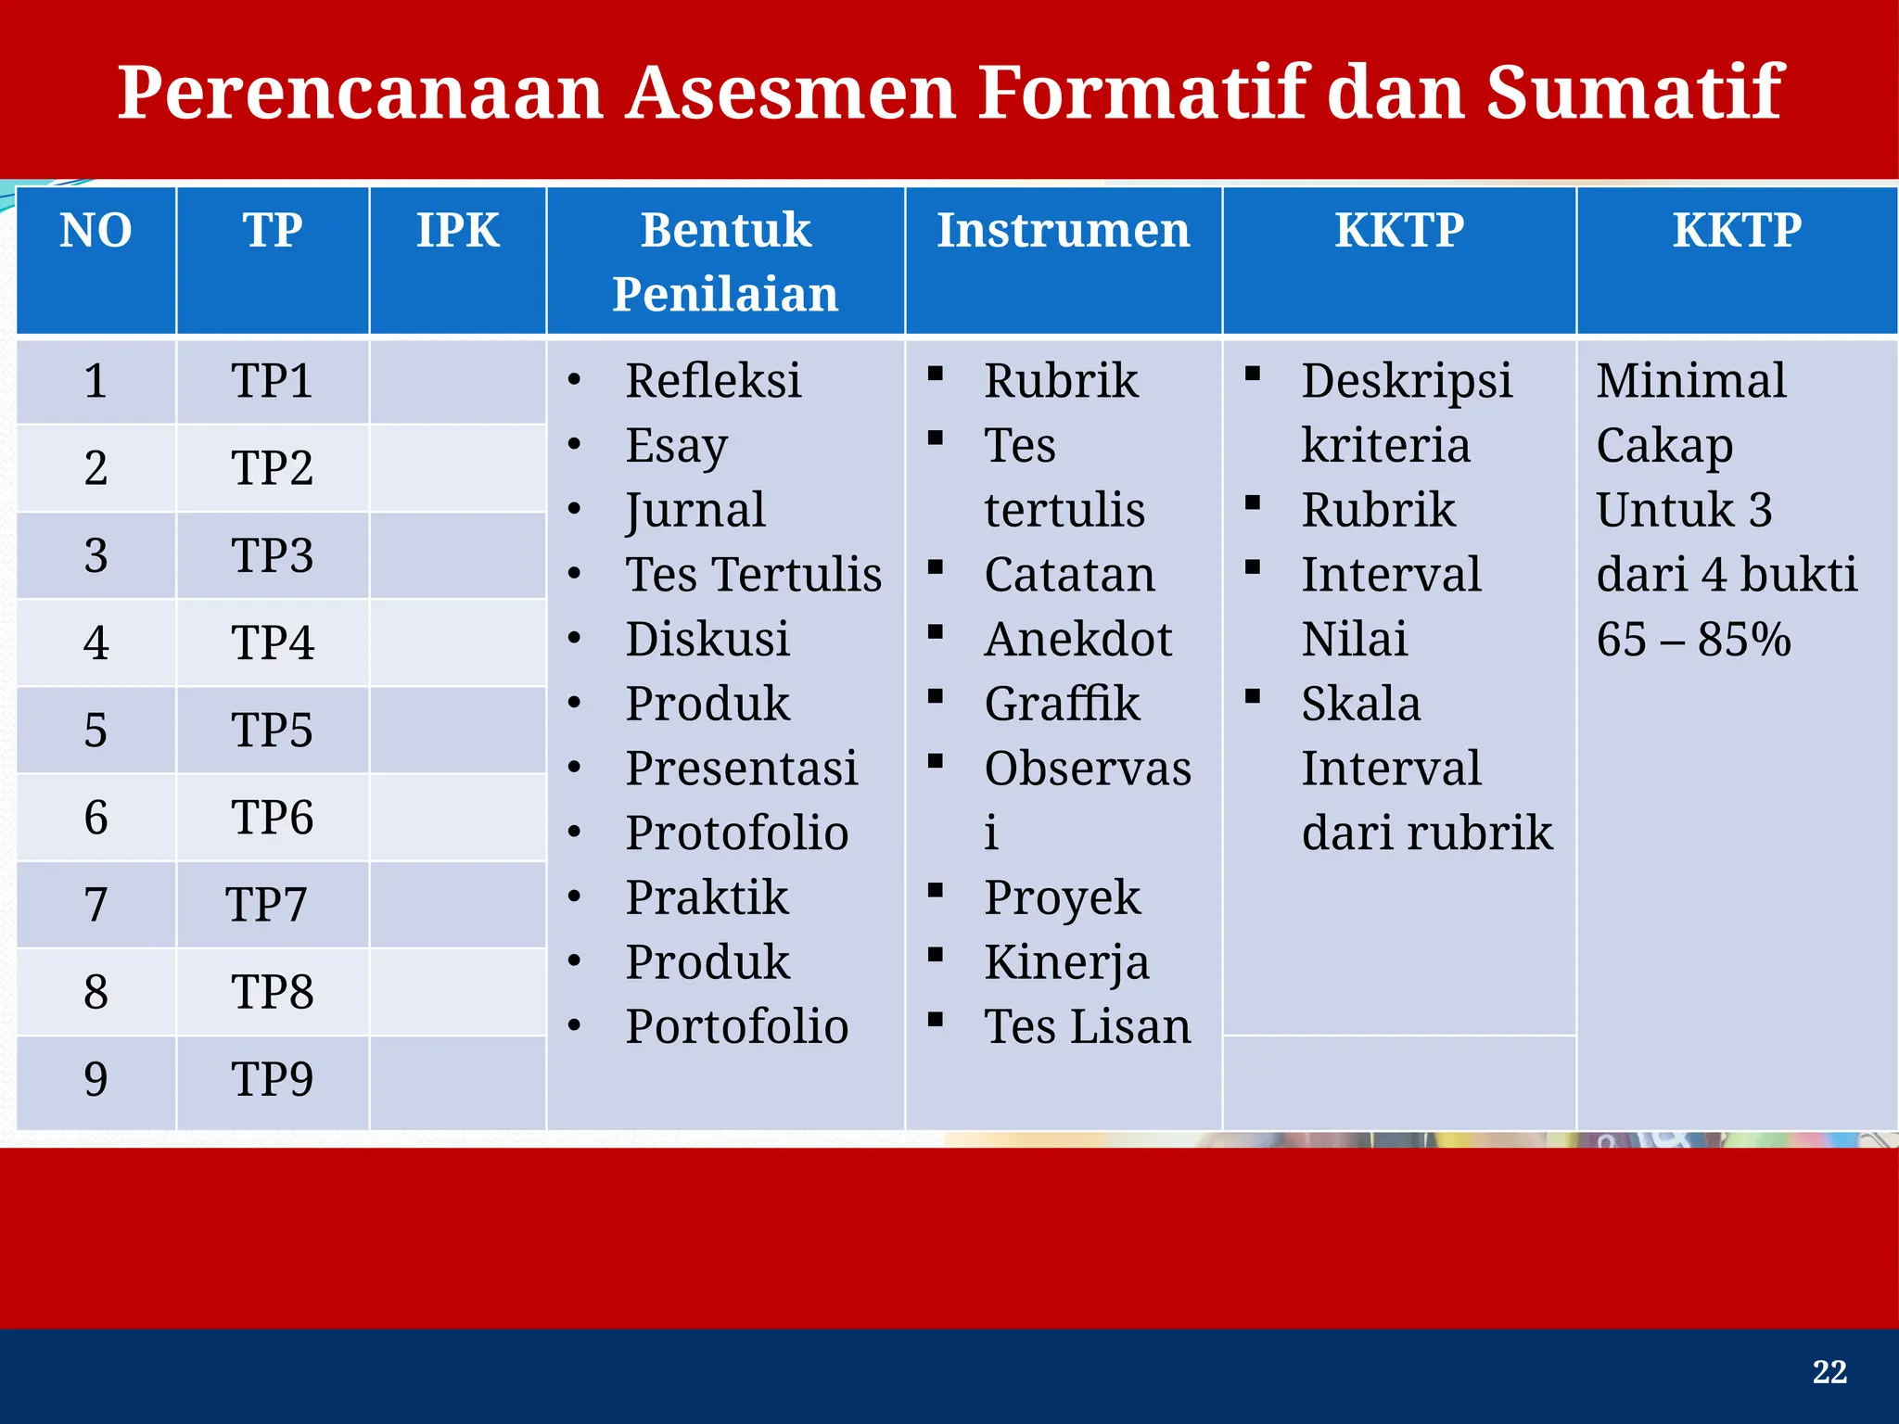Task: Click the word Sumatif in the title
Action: [1634, 93]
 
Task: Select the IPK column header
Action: [457, 230]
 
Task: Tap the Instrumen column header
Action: [1063, 230]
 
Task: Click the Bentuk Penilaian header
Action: [725, 261]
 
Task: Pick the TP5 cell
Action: [272, 730]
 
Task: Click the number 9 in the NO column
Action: [96, 1079]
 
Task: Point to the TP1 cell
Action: [272, 381]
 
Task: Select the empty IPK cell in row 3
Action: [457, 555]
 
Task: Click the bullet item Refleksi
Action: [712, 381]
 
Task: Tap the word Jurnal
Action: [695, 510]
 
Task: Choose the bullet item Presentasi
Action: [741, 769]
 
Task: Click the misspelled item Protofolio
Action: [736, 833]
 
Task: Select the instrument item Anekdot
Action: [1077, 640]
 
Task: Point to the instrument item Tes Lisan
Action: [1087, 1027]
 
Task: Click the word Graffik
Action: [1062, 704]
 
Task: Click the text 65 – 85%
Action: [1693, 640]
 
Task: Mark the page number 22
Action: [1829, 1372]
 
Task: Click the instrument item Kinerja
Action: [1066, 962]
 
